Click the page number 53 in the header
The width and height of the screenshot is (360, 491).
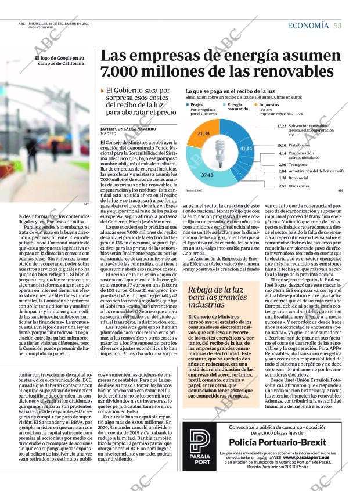click(337, 24)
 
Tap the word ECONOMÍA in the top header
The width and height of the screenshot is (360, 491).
click(308, 24)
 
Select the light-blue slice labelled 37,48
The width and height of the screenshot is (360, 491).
click(207, 174)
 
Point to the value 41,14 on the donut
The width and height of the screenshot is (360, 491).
click(246, 149)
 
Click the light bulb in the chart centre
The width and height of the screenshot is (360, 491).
click(220, 150)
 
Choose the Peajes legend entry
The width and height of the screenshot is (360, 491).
click(196, 104)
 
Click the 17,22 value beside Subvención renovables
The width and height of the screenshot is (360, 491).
click(282, 125)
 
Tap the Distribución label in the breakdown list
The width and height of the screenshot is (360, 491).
click(300, 145)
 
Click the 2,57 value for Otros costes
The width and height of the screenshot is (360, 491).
click(282, 186)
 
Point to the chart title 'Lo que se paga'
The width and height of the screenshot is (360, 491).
click(230, 92)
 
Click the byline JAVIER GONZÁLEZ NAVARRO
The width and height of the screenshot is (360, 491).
click(127, 129)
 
